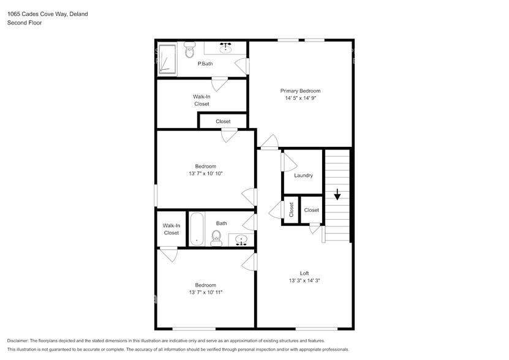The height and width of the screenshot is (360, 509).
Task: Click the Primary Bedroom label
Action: click(300, 91)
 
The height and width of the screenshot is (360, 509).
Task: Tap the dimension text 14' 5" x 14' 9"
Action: click(300, 98)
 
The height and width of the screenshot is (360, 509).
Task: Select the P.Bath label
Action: click(205, 64)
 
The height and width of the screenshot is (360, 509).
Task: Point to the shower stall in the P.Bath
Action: click(167, 59)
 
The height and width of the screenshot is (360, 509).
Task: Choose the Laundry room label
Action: click(303, 176)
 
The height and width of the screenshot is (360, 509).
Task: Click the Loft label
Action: click(304, 273)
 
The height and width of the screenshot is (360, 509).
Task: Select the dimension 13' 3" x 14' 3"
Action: click(304, 280)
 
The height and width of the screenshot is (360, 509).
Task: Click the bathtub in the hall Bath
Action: click(197, 229)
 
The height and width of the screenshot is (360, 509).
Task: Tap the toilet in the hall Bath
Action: click(216, 238)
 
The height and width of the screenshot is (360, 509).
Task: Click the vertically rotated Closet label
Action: click(292, 210)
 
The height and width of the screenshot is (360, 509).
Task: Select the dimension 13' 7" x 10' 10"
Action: click(205, 174)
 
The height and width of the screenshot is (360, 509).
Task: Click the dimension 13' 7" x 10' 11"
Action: click(205, 293)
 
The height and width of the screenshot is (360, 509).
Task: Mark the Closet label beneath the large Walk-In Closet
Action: click(223, 121)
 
